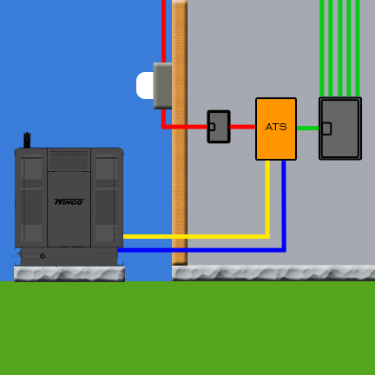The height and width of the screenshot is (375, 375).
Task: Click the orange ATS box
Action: (276, 128)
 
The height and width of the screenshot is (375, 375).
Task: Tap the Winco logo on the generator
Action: (69, 201)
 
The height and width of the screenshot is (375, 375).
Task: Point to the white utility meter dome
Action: (145, 85)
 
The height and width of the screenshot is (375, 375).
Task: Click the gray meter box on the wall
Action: (162, 86)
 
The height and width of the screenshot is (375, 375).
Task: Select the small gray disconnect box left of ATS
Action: (219, 127)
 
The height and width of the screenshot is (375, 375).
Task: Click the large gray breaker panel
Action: (340, 128)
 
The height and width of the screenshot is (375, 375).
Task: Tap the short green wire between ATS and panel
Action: (307, 128)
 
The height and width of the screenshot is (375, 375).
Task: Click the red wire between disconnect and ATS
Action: (243, 127)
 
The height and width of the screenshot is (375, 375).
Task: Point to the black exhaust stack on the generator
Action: (27, 141)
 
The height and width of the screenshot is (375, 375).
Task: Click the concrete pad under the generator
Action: (69, 274)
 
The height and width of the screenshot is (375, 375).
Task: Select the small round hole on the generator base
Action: (43, 256)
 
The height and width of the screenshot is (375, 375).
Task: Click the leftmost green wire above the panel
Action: (322, 49)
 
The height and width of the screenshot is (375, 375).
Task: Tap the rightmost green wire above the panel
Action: (358, 49)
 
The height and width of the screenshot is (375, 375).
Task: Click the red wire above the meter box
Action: (163, 31)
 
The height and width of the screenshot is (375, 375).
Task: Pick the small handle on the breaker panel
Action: (326, 128)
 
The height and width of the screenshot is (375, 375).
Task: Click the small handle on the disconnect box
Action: (212, 127)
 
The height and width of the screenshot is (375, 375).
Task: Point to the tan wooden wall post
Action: (180, 133)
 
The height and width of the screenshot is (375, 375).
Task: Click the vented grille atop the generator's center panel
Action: (69, 160)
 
